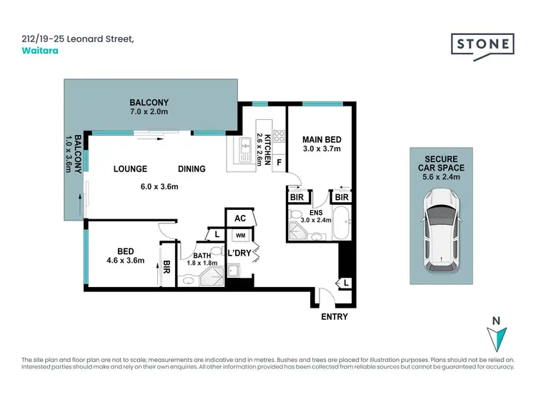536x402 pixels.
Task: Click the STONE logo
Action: [x=482, y=44]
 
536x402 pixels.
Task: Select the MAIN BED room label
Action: [x=321, y=139]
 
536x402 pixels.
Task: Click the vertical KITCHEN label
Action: [x=268, y=149]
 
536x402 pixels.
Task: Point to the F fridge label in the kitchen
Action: [x=278, y=161]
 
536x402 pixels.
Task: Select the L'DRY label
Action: [x=237, y=253]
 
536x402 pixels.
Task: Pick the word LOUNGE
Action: [x=130, y=169]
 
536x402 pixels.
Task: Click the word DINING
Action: [x=192, y=169]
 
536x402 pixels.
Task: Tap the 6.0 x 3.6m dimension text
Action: [x=159, y=187]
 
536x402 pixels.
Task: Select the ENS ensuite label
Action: [x=315, y=212]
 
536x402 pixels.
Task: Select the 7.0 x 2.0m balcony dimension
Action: [x=149, y=112]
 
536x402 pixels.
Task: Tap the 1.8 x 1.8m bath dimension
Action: [x=202, y=263]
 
